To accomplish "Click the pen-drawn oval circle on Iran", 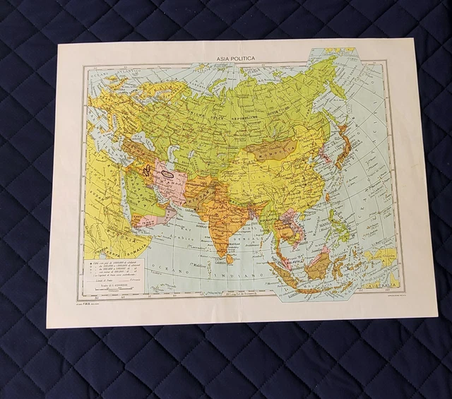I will click(167, 169).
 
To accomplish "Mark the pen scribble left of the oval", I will click(145, 170).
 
